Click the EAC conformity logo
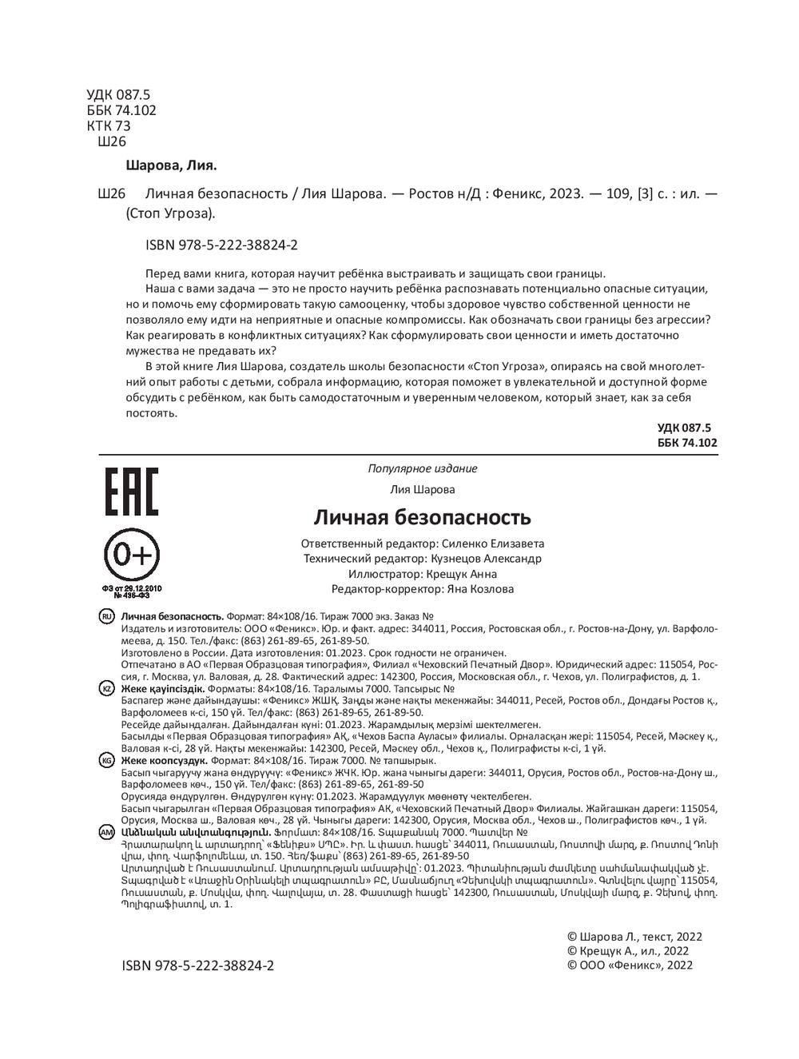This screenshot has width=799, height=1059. (x=131, y=491)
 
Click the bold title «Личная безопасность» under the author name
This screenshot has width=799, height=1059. (x=421, y=517)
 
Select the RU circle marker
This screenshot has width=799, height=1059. (x=106, y=617)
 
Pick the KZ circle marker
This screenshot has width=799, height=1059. (x=106, y=688)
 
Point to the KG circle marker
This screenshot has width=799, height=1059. (x=106, y=760)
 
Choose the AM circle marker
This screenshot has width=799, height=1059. (x=106, y=832)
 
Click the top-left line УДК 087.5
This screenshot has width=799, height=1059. (x=118, y=94)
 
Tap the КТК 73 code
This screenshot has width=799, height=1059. (x=108, y=125)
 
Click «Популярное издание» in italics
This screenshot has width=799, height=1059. (x=422, y=469)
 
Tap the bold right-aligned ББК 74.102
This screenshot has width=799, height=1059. (x=687, y=442)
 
